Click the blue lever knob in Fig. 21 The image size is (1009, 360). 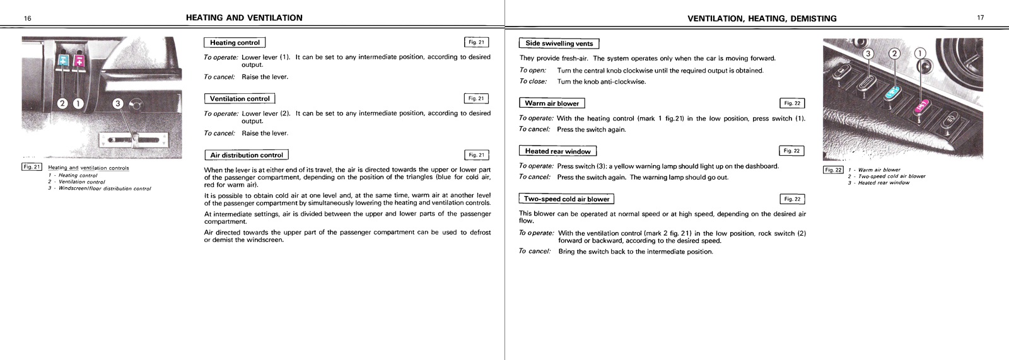[63, 60]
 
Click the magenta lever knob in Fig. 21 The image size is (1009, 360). [79, 61]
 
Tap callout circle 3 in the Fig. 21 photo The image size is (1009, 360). [117, 103]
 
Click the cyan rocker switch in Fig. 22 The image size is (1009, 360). [892, 93]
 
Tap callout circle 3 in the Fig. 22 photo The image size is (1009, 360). [868, 54]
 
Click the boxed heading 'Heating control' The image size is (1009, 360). [235, 43]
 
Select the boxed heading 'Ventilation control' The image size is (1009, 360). [240, 99]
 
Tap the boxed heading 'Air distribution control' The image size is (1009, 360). [247, 155]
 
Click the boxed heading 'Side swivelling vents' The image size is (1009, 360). [559, 44]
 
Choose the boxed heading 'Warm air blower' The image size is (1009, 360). [552, 103]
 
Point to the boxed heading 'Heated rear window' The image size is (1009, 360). [557, 151]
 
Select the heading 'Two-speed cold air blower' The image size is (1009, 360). [566, 199]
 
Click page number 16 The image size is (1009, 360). [28, 18]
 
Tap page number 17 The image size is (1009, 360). [981, 18]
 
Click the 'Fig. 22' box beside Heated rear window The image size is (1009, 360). [791, 151]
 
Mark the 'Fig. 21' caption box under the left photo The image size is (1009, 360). [32, 167]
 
